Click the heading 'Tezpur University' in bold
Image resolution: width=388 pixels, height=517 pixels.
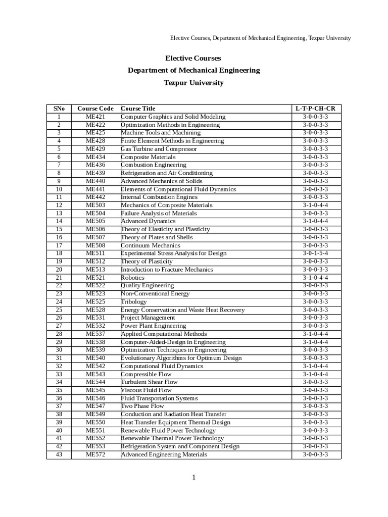click(x=193, y=82)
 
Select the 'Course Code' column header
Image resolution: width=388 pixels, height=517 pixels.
click(x=95, y=109)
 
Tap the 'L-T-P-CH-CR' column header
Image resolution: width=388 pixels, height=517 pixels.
click(x=315, y=109)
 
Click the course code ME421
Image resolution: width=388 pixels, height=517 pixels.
click(x=95, y=117)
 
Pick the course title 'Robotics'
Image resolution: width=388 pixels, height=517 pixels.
click(x=132, y=278)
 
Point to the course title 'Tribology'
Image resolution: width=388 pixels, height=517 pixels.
click(x=133, y=302)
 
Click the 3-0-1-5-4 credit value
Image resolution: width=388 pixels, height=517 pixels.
click(x=315, y=253)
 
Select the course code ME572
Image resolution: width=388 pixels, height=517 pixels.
click(x=95, y=454)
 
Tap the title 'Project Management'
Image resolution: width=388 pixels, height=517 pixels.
click(x=148, y=318)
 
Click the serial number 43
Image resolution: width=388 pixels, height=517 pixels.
click(x=59, y=454)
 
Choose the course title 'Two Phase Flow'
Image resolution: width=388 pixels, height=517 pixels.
click(x=142, y=406)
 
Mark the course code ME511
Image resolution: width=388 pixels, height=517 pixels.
click(x=95, y=253)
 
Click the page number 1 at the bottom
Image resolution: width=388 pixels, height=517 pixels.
click(x=193, y=478)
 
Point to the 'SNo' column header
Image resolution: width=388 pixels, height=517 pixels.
click(x=59, y=109)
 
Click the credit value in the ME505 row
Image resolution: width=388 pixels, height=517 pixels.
click(x=315, y=221)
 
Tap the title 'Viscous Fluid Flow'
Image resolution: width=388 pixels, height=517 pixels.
click(x=146, y=390)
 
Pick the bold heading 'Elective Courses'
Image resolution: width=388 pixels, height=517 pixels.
click(x=193, y=59)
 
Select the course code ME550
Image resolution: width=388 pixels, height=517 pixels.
click(x=95, y=422)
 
